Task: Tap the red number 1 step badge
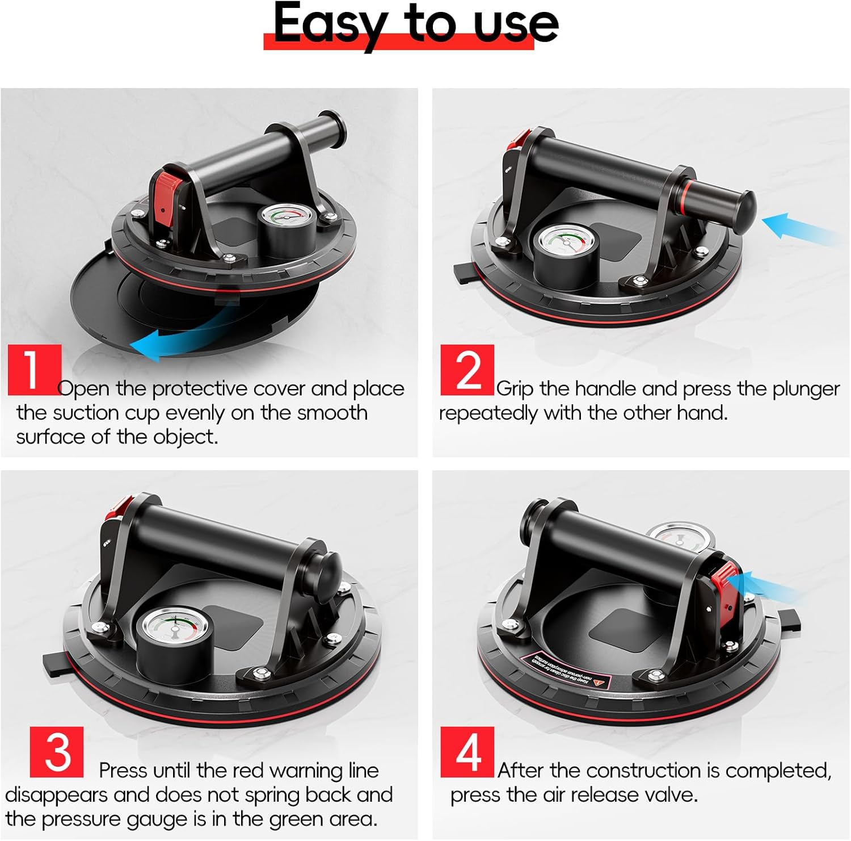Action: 34,369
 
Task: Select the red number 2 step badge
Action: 467,370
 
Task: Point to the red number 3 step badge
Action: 56,752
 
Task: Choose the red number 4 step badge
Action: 467,752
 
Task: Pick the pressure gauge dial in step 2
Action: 565,243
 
